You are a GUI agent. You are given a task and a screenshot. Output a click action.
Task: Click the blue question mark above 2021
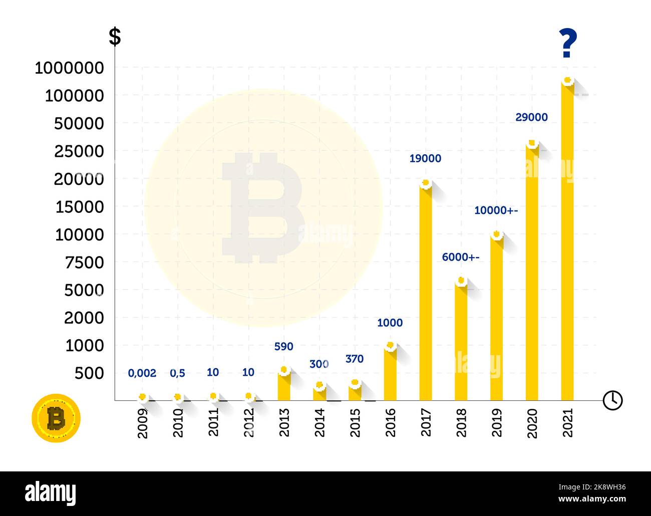tap(568, 44)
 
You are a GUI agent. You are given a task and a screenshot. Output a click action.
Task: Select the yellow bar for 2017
tap(426, 296)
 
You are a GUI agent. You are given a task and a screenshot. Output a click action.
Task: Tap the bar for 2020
tap(532, 276)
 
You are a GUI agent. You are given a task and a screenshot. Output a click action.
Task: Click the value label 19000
tap(425, 159)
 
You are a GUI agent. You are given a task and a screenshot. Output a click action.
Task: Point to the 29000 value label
tap(531, 117)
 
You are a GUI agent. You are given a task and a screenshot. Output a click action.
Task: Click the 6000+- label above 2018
tap(460, 257)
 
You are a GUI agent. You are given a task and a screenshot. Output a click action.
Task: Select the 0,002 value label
tap(142, 373)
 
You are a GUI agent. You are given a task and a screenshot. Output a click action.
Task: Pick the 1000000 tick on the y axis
tap(69, 68)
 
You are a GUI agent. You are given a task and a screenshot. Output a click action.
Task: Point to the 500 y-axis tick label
tap(89, 373)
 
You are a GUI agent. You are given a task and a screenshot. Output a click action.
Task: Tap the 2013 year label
tap(284, 422)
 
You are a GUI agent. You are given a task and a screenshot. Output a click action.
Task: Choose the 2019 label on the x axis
tap(496, 422)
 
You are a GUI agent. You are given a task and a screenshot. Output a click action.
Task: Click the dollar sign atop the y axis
tap(115, 37)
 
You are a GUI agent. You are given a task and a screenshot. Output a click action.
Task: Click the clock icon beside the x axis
tap(612, 400)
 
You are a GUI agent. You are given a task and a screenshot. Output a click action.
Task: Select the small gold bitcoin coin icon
tap(56, 418)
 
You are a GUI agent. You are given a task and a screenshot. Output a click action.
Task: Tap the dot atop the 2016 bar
tap(390, 345)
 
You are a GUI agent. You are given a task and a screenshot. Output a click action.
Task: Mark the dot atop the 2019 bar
tap(496, 234)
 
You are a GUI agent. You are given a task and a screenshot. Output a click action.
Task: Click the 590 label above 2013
tap(283, 347)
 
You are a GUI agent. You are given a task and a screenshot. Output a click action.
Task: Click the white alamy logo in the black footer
tap(51, 493)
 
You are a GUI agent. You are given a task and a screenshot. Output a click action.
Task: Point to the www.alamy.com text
tap(592, 499)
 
